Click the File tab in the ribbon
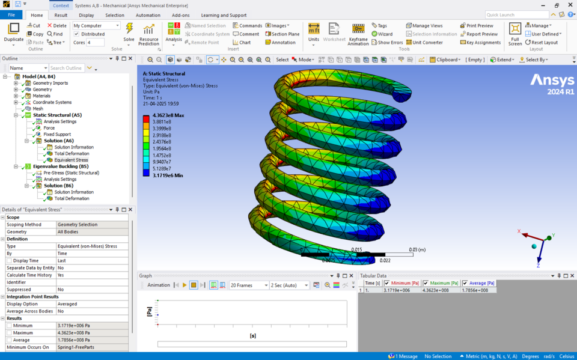pos(11,15)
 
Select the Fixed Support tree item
pos(57,135)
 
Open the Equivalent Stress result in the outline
pos(71,160)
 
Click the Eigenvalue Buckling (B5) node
pos(61,166)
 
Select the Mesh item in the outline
pos(38,109)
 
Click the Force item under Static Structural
pos(49,128)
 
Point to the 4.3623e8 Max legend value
pos(168,115)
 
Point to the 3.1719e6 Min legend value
pos(168,175)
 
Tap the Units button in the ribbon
pos(314,34)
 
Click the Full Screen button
pos(515,34)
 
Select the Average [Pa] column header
pos(481,283)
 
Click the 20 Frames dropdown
pos(248,285)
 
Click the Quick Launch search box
pos(516,15)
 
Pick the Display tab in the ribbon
pos(86,15)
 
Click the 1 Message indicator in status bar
pos(403,356)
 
